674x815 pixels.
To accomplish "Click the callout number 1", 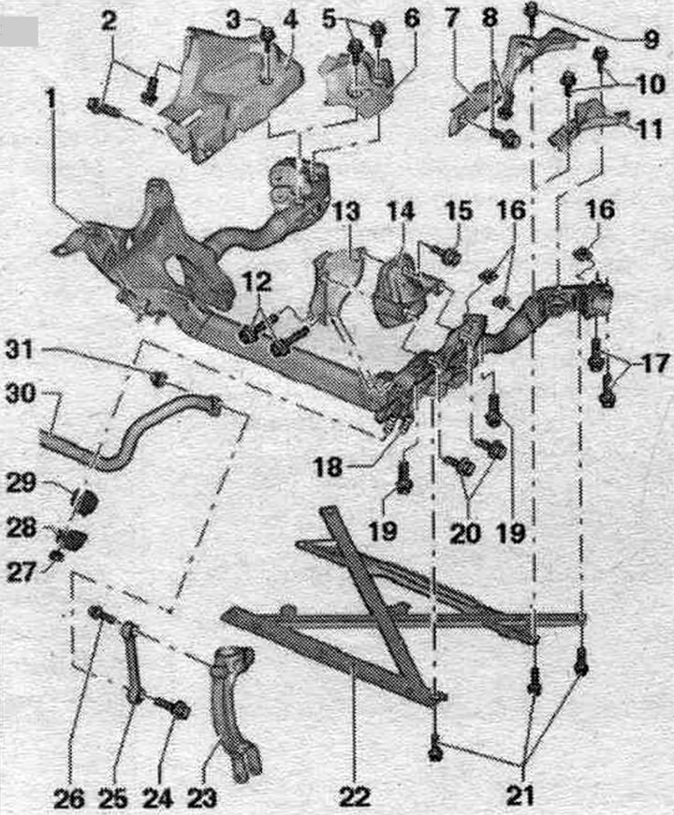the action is pos(50,98).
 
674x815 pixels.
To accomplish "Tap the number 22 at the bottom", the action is pos(355,795).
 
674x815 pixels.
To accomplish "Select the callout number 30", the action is pos(22,393).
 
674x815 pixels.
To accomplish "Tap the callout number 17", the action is pos(654,363).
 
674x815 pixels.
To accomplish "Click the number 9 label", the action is pos(652,39).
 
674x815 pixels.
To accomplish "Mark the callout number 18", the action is pos(329,467).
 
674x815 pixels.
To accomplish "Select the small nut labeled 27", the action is pos(59,556).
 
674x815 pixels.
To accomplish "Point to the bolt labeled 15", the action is pos(446,254).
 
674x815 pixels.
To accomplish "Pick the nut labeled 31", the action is pos(159,378).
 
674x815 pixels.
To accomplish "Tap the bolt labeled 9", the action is pos(531,15).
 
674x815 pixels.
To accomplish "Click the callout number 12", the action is pos(257,281).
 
